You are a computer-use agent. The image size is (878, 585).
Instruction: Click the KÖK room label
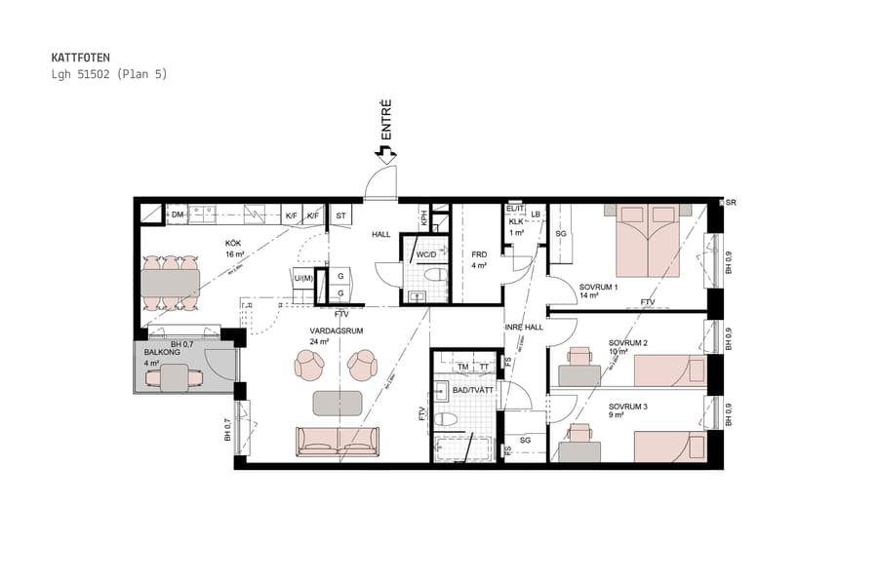click(233, 245)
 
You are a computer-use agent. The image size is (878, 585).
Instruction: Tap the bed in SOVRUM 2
click(669, 370)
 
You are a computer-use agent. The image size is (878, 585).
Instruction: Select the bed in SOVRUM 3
click(669, 447)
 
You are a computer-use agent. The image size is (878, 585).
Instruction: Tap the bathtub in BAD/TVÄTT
click(461, 449)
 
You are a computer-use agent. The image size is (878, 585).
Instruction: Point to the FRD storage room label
click(479, 254)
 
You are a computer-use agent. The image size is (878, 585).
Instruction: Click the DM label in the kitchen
click(178, 214)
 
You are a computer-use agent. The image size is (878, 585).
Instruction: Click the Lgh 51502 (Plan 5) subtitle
click(109, 74)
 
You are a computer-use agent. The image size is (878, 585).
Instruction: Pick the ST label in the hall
click(341, 214)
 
